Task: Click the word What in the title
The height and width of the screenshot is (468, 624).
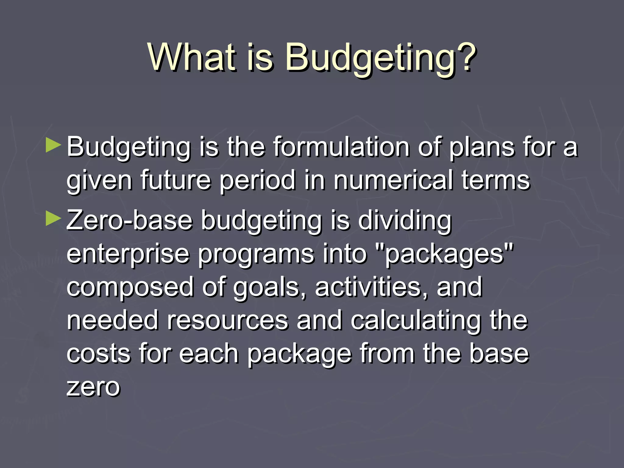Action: click(192, 57)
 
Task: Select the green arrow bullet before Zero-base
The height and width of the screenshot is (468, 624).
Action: click(53, 219)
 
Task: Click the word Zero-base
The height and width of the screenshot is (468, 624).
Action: click(129, 220)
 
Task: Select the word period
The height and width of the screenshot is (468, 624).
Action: click(257, 180)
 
